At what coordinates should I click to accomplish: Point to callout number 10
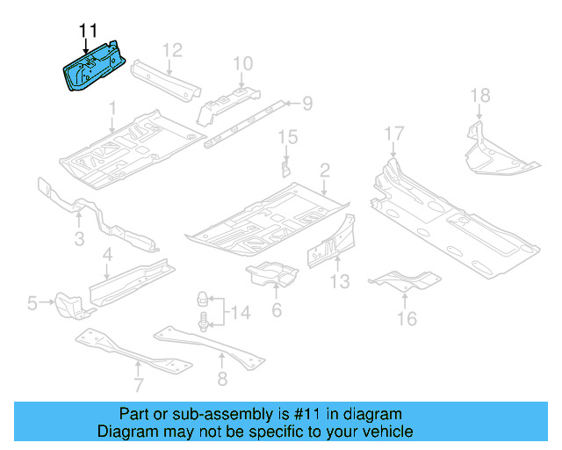coord(243,62)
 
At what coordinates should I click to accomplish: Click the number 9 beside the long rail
coord(307,105)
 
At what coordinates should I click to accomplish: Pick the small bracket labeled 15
coord(285,167)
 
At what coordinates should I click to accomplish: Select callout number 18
coord(479,96)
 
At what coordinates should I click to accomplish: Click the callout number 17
coord(393,134)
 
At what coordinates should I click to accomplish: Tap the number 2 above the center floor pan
coord(324,169)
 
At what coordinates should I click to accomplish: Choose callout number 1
coord(112,108)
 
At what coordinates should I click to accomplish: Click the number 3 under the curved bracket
coord(78,239)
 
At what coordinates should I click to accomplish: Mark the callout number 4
coord(107,256)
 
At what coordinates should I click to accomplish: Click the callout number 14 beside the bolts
coord(240,311)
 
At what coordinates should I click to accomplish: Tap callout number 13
coord(340,281)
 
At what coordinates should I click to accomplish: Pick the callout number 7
coord(138,385)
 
